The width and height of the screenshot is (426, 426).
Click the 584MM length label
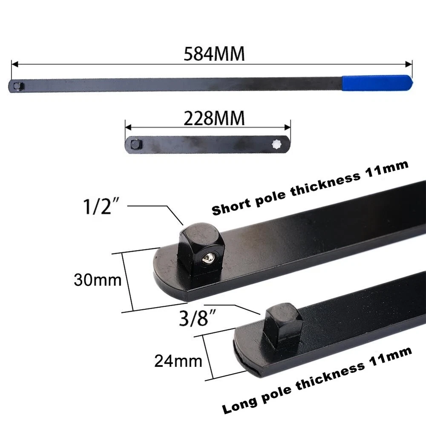[214, 54]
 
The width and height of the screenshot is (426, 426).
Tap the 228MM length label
[214, 118]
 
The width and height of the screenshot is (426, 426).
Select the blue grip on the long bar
[377, 83]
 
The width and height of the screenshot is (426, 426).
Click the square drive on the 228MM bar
[136, 144]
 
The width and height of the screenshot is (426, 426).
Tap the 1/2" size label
[101, 206]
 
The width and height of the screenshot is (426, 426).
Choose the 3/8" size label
[197, 318]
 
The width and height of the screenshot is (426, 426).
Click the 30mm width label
[98, 280]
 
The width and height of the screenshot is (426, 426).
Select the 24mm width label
[178, 361]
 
